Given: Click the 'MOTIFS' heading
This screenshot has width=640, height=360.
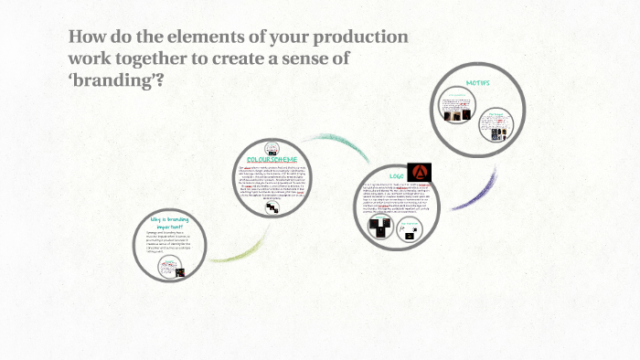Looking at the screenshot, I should (x=478, y=82).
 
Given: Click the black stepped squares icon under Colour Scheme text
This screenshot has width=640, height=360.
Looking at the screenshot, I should (x=272, y=209).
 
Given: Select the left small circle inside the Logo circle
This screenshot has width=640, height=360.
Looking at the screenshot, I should (x=378, y=229).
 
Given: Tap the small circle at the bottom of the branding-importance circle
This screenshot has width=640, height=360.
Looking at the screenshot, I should (x=171, y=268).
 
